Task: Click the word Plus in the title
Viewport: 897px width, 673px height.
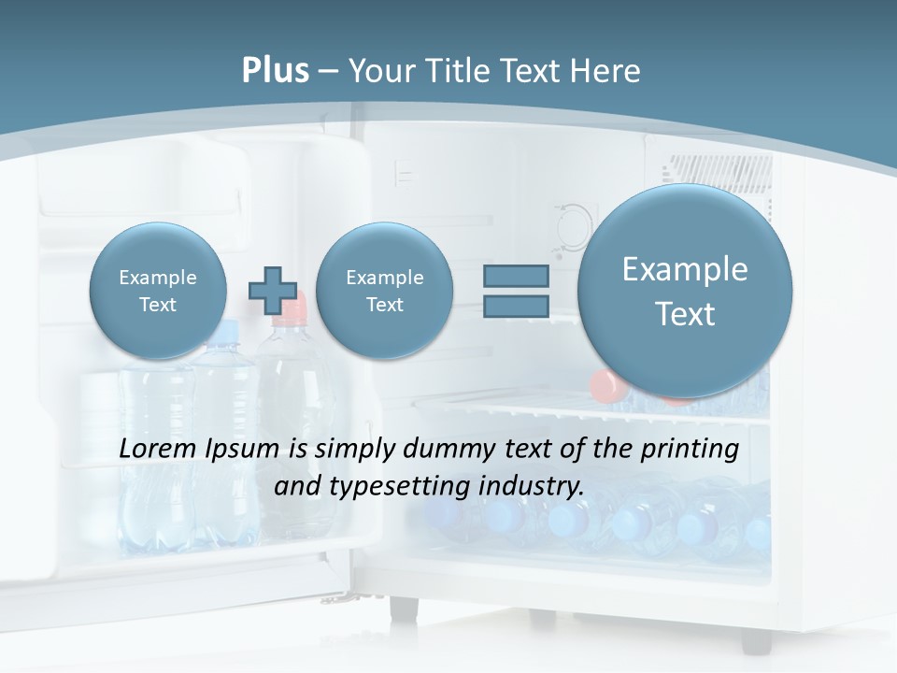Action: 275,71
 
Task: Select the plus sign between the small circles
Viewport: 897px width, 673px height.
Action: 272,290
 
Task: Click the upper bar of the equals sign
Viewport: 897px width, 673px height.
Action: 515,276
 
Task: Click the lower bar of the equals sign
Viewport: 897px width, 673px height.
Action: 515,307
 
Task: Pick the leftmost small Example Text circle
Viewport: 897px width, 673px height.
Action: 158,291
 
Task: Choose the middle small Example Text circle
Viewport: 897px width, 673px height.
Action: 384,291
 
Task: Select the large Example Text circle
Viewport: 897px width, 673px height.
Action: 685,291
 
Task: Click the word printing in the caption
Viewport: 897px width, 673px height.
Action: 690,450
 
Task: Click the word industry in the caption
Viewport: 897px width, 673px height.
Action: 530,487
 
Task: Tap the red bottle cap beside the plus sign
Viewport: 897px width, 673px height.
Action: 293,302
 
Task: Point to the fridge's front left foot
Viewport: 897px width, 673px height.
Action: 405,608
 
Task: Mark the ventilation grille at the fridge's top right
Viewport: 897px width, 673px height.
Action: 718,171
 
